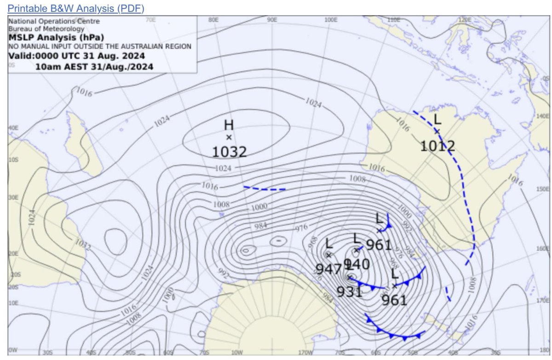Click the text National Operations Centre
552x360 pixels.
54,21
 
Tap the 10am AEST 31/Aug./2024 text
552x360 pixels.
94,67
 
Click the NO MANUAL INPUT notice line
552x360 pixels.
100,46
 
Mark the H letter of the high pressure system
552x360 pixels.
229,125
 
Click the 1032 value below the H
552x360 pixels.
229,151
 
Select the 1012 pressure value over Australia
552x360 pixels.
437,146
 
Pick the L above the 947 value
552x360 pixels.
329,243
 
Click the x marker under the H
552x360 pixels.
229,137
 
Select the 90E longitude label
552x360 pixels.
272,20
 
